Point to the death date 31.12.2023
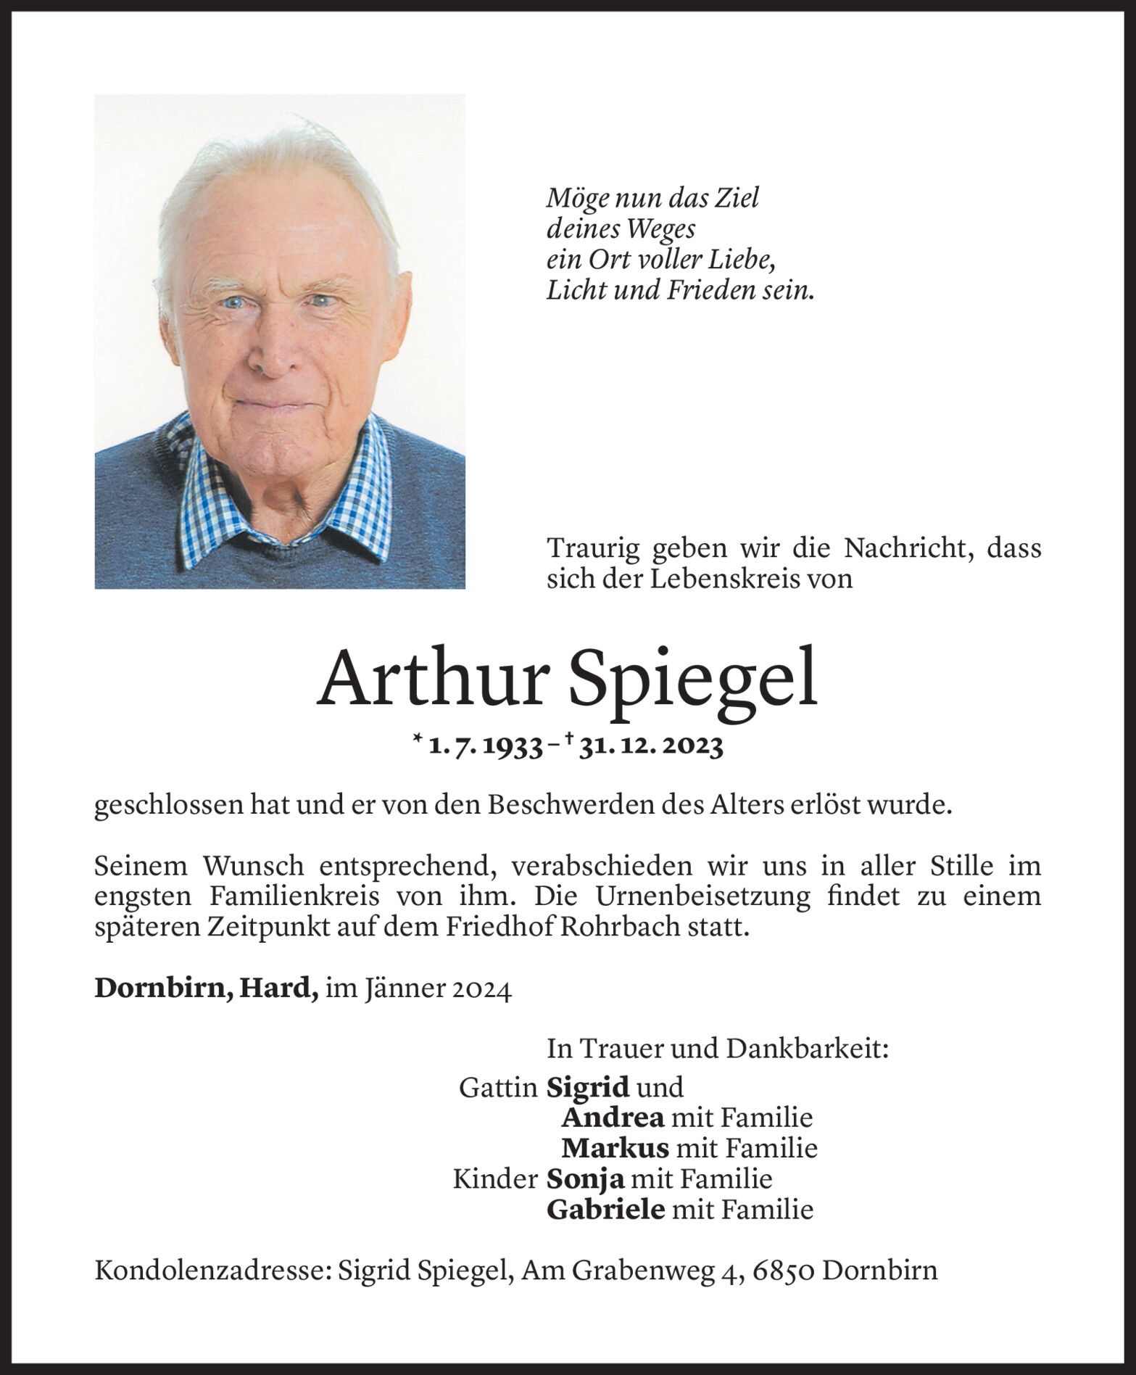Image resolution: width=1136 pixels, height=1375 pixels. click(651, 746)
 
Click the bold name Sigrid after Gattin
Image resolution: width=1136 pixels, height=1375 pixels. click(587, 1086)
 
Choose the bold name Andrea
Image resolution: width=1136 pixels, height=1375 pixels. click(613, 1118)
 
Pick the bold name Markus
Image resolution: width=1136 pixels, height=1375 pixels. click(615, 1148)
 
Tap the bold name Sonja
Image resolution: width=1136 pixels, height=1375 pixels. click(585, 1178)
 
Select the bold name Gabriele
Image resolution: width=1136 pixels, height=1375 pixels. click(605, 1209)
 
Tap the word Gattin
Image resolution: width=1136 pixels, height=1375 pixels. click(498, 1087)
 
